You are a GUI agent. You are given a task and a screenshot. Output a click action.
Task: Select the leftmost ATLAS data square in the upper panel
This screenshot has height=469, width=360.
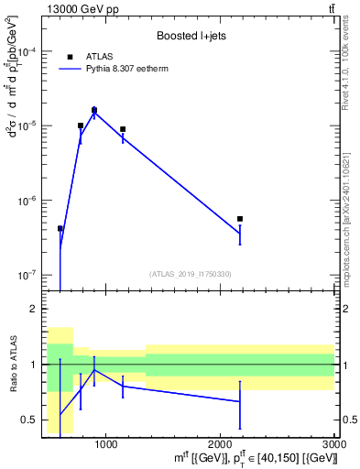click(60, 229)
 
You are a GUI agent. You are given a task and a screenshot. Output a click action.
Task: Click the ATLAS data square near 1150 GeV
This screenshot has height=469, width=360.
click(123, 130)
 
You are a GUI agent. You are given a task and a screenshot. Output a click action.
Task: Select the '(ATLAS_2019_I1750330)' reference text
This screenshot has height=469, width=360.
click(190, 274)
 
